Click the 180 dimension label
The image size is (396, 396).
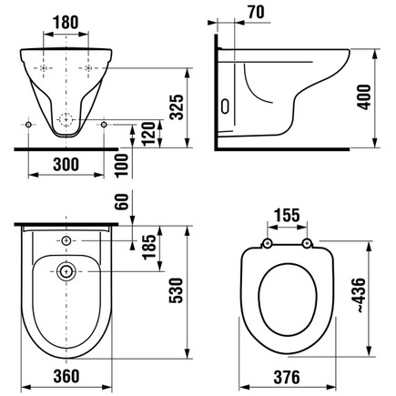(x=66, y=23)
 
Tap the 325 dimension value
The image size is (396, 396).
(x=177, y=107)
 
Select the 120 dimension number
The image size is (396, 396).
(x=149, y=134)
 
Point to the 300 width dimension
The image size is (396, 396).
(x=66, y=165)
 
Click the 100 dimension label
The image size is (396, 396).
(x=122, y=166)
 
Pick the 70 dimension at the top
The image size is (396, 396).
(x=256, y=12)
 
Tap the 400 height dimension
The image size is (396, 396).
(x=363, y=97)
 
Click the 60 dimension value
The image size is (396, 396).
(x=122, y=201)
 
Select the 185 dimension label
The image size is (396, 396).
(x=149, y=247)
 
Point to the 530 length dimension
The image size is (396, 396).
(x=177, y=290)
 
